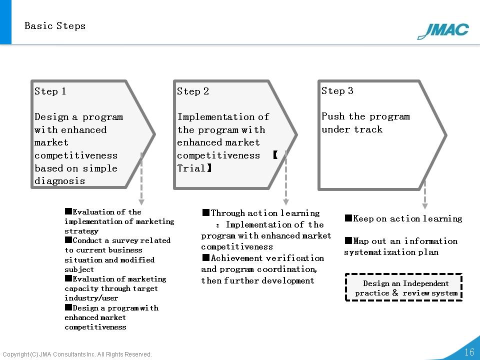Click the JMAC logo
coord(443,31)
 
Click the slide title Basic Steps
coord(55,25)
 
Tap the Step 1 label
coord(50,91)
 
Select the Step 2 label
coord(193,91)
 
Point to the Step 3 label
coord(337,90)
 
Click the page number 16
coord(469,351)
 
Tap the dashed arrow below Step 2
coord(286,177)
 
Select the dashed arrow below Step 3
coord(425,194)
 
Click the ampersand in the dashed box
coord(395,292)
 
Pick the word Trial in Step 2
coord(191,168)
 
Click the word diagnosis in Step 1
coord(59,181)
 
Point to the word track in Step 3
coord(368,129)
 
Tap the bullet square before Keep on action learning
coord(348,218)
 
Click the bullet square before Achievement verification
coord(205,257)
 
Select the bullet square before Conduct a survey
coord(68,239)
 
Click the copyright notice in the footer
coord(77,354)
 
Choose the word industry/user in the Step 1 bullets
coord(91,298)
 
